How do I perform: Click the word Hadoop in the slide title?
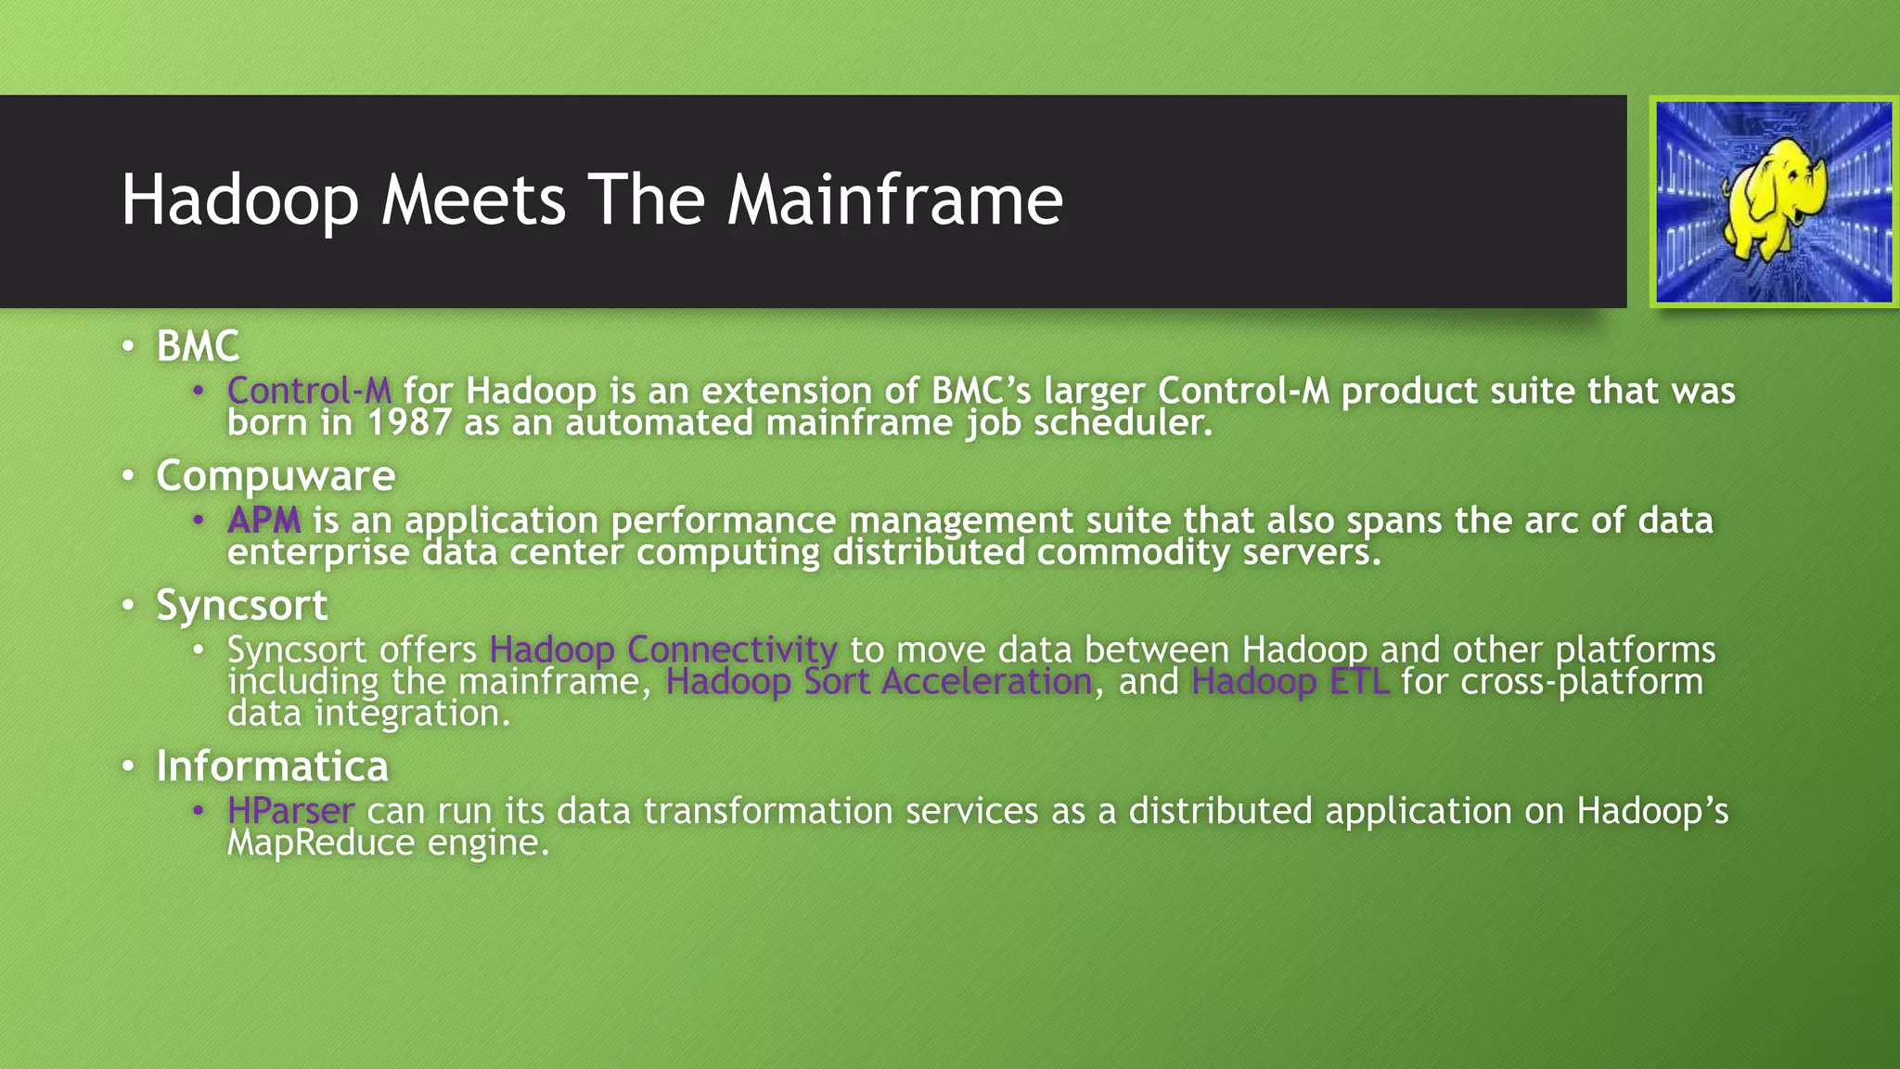pyautogui.click(x=239, y=200)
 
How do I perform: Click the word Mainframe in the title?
pyautogui.click(x=894, y=200)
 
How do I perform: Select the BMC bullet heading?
pyautogui.click(x=198, y=347)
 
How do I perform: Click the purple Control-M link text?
pyautogui.click(x=309, y=391)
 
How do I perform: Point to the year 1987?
pyautogui.click(x=409, y=423)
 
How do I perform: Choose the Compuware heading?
pyautogui.click(x=276, y=476)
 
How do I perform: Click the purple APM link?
pyautogui.click(x=263, y=521)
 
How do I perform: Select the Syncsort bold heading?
pyautogui.click(x=241, y=606)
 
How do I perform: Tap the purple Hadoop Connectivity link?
pyautogui.click(x=662, y=650)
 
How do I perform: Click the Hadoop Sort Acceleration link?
pyautogui.click(x=879, y=682)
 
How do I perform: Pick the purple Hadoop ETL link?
pyautogui.click(x=1290, y=682)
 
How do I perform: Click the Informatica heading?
pyautogui.click(x=272, y=766)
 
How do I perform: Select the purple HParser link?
pyautogui.click(x=290, y=811)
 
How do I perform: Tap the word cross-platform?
pyautogui.click(x=1582, y=682)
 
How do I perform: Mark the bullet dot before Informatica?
pyautogui.click(x=129, y=767)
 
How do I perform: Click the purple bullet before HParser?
pyautogui.click(x=198, y=811)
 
